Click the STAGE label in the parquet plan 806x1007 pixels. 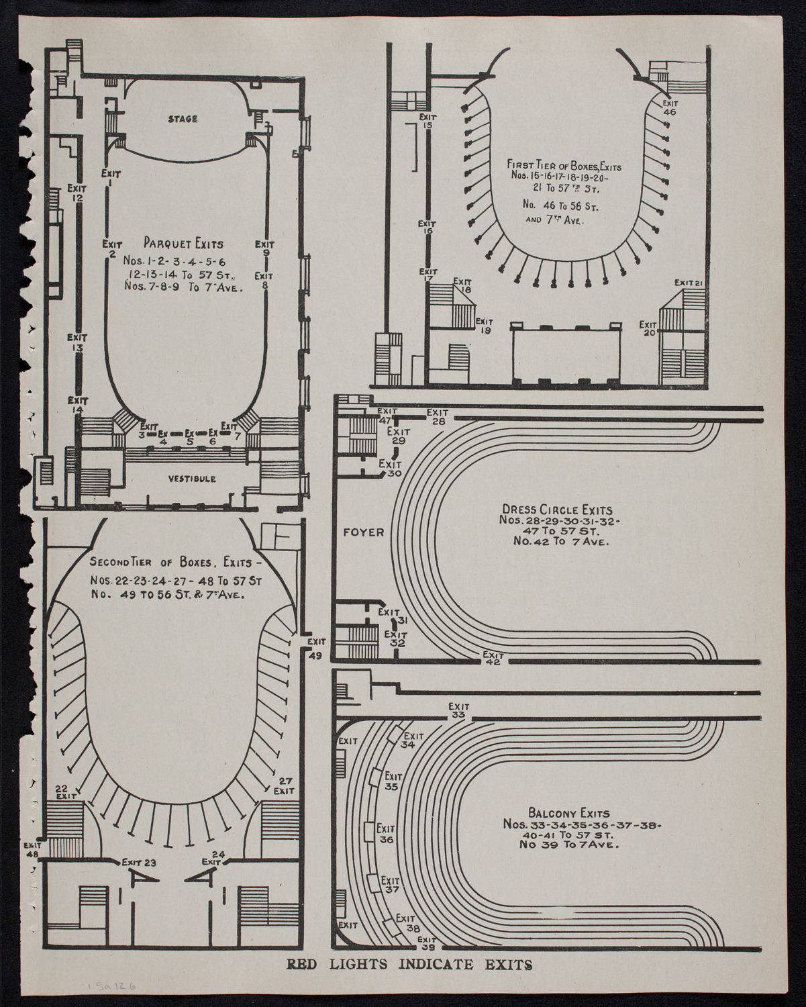click(183, 119)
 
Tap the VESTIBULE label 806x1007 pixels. click(191, 479)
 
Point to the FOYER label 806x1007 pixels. click(363, 532)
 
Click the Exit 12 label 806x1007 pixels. click(78, 193)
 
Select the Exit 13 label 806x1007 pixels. click(78, 343)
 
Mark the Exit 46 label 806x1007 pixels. click(669, 108)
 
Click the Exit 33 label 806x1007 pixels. click(459, 711)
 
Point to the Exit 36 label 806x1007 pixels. click(385, 834)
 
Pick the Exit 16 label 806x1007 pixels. click(427, 228)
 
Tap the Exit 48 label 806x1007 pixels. click(32, 850)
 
